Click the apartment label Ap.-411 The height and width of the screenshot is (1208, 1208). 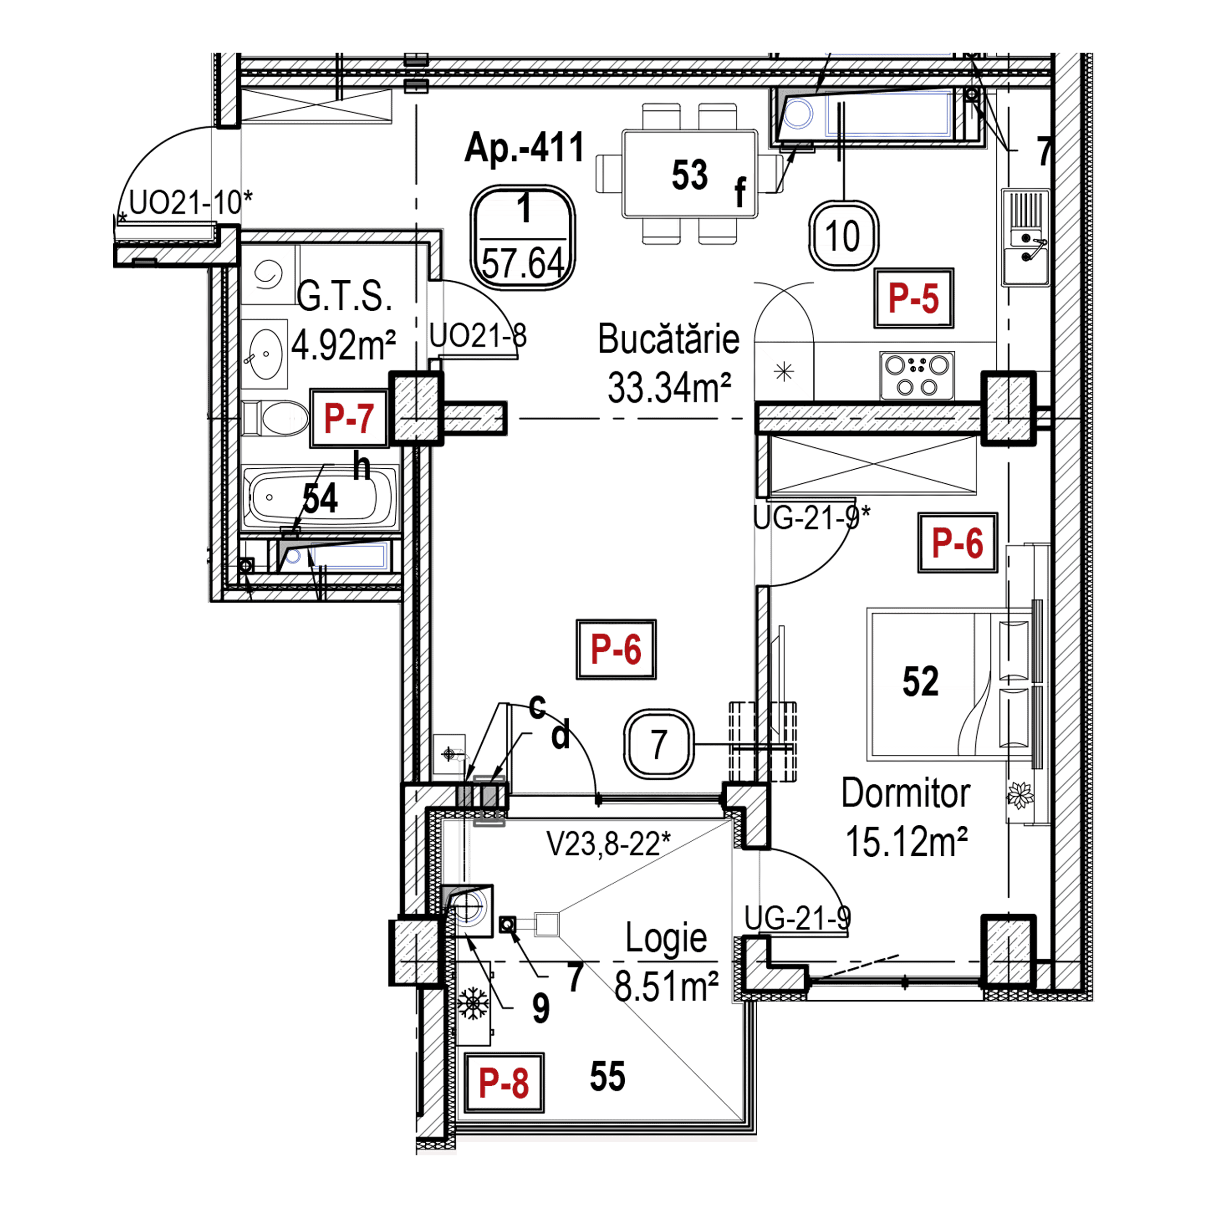tap(524, 149)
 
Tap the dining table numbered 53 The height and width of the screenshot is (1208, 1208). tap(689, 174)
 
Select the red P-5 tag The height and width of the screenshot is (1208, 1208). tap(914, 298)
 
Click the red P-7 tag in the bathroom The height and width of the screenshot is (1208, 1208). tap(349, 418)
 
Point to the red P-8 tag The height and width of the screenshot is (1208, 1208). tap(503, 1083)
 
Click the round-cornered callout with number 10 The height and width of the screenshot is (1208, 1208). tap(844, 236)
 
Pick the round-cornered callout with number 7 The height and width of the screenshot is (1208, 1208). tap(659, 744)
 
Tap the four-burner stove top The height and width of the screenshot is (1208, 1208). tap(917, 376)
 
